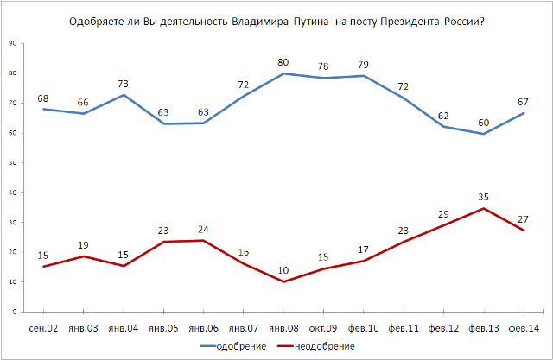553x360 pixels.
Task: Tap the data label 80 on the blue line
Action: click(x=283, y=61)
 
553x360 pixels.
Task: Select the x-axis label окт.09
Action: click(x=323, y=328)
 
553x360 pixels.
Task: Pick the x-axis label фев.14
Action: click(x=524, y=328)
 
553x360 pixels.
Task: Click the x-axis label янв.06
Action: click(x=203, y=328)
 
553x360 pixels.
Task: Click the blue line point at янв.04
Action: click(x=123, y=94)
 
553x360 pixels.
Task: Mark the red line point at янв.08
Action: click(x=283, y=281)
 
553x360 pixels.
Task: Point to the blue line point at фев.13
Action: click(x=484, y=133)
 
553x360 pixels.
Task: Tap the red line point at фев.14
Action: click(x=524, y=231)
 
